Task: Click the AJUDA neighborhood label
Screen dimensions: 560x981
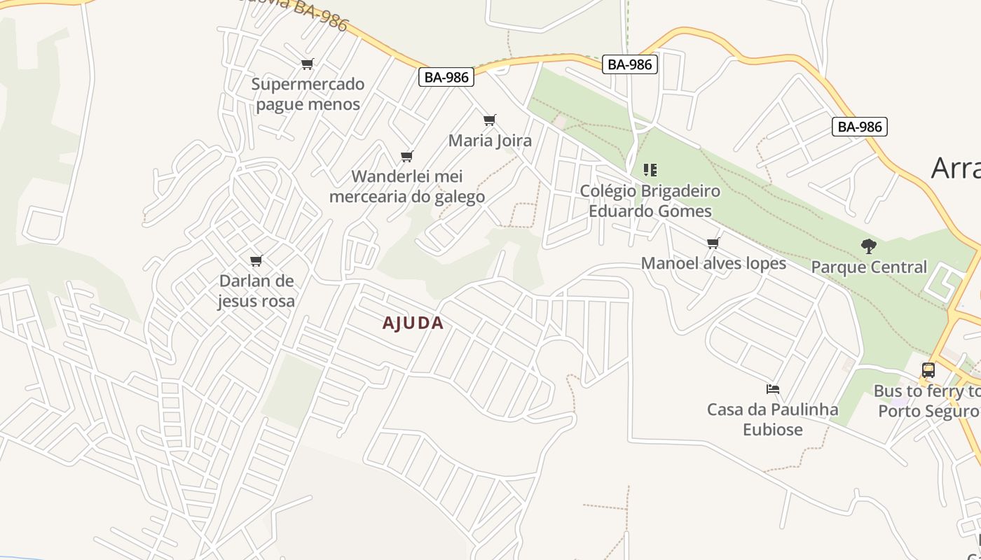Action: pos(413,323)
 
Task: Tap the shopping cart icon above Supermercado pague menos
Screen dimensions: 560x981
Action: pos(307,64)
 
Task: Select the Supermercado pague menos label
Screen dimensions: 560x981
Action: pos(308,94)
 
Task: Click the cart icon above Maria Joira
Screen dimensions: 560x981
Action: pos(490,120)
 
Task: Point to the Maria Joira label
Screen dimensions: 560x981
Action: pos(490,141)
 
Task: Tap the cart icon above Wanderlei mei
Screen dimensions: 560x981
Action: pos(406,156)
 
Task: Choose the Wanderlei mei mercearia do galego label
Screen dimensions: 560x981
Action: pos(407,186)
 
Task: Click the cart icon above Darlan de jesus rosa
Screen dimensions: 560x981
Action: pos(256,261)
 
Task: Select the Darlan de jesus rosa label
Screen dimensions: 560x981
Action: pos(256,290)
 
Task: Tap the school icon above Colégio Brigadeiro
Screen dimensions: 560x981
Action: pos(650,170)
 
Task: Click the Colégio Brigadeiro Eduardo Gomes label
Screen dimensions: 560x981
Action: pos(650,201)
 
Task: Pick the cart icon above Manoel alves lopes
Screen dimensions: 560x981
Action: pos(713,244)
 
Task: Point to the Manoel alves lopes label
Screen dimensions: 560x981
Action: pos(713,264)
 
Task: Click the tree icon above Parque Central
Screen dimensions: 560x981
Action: pos(869,246)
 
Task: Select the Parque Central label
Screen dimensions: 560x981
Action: pos(869,267)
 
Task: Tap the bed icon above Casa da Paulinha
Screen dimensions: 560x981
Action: pos(773,389)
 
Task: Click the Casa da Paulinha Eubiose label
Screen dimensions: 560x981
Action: pos(773,419)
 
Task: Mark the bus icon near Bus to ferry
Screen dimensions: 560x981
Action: pos(928,370)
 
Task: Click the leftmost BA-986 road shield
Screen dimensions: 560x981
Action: pos(446,77)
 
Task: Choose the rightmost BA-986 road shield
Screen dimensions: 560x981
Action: pos(860,127)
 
